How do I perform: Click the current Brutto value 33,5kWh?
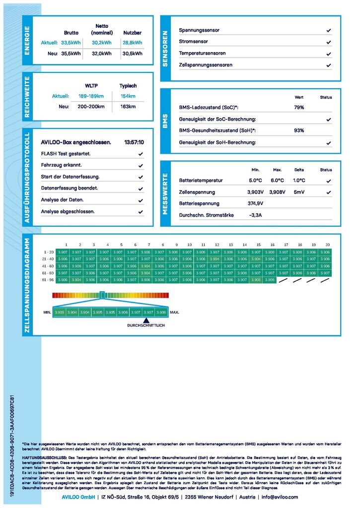(71, 43)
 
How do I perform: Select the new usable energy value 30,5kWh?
(133, 54)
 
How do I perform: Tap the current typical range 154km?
(128, 96)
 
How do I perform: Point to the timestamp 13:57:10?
(134, 142)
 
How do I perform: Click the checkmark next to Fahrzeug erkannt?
(141, 165)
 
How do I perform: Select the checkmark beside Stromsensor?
(329, 42)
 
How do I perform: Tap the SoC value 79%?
(299, 107)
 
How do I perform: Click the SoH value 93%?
(299, 130)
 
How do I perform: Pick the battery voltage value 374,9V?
(255, 203)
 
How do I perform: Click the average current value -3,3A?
(255, 215)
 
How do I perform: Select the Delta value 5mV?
(299, 192)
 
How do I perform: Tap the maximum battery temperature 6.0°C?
(277, 181)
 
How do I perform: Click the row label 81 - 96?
(48, 280)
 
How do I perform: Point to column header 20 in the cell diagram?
(327, 245)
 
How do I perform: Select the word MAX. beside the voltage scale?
(175, 313)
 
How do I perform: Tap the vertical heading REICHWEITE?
(27, 97)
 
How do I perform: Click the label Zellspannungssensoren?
(206, 65)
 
